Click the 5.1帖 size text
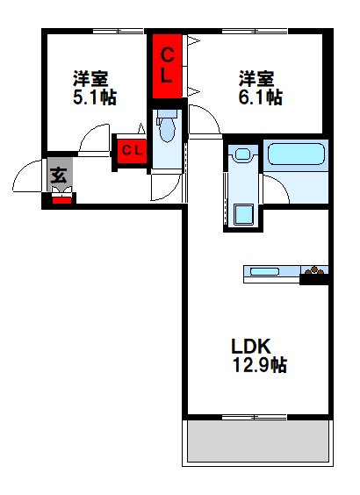[96, 97]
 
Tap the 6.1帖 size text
[260, 97]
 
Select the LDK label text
[248, 345]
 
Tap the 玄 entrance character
[59, 174]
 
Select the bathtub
[296, 156]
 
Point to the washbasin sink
[241, 156]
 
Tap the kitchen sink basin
[264, 272]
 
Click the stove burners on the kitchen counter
[314, 272]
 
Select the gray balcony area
[258, 441]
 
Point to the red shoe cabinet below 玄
[60, 197]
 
